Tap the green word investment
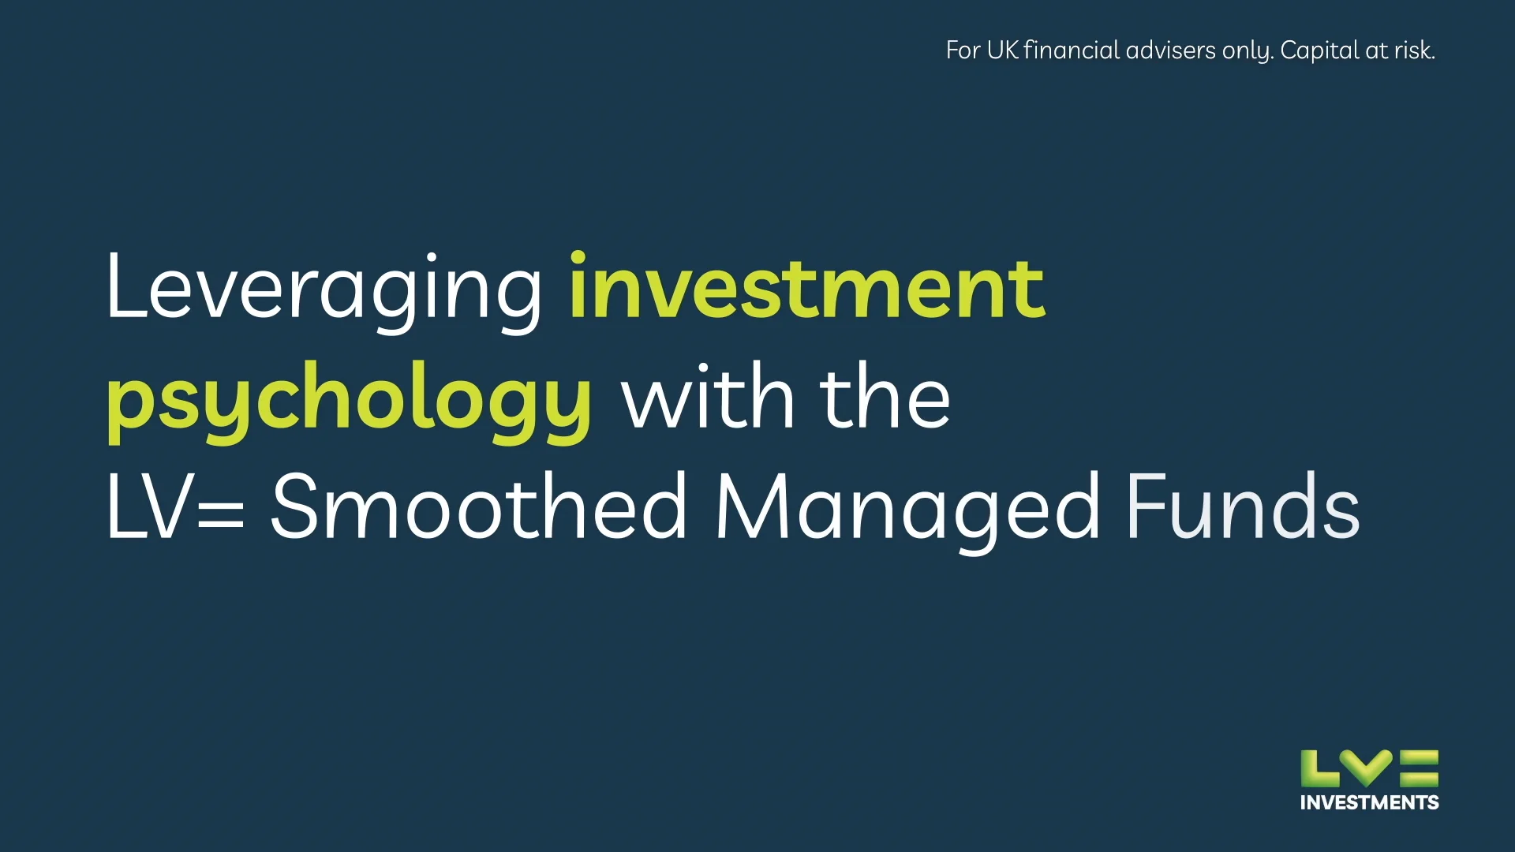[806, 288]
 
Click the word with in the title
[707, 398]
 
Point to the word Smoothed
[478, 507]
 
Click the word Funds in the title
[1242, 507]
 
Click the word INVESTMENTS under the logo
[1369, 803]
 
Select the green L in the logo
[1318, 768]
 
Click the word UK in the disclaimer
[1002, 50]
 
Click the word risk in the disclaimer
[1413, 50]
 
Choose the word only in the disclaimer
[1247, 51]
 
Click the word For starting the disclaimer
[963, 50]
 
